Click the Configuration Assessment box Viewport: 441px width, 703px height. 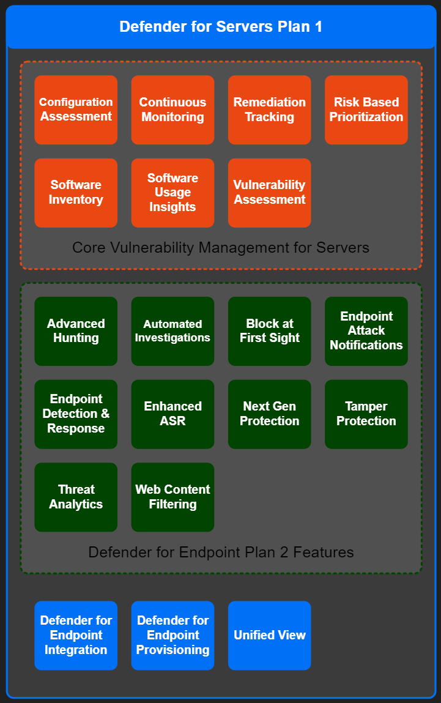pos(76,110)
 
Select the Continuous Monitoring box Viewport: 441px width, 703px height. pos(172,110)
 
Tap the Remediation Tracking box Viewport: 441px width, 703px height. pos(270,110)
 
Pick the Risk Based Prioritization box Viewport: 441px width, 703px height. pos(366,110)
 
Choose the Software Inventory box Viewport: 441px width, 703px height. pos(76,193)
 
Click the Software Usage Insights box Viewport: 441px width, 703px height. pos(172,193)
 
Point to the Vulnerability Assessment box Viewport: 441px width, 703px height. pos(270,193)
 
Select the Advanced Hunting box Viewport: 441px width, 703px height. pos(76,331)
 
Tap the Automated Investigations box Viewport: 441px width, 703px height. pos(172,331)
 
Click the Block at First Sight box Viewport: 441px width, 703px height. pos(270,331)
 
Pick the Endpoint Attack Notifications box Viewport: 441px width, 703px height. pos(366,331)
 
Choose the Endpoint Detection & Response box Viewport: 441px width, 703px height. pos(76,414)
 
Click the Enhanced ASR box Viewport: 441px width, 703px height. pos(172,414)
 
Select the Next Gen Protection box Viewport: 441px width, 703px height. pos(270,414)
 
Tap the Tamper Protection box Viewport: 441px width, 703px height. pos(366,414)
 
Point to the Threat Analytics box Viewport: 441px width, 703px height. pos(76,497)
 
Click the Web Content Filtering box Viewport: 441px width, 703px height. pos(172,497)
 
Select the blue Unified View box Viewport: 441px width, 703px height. pos(270,635)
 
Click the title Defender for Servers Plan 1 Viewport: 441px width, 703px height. pos(221,27)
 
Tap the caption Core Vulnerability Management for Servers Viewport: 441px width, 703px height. pos(221,248)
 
